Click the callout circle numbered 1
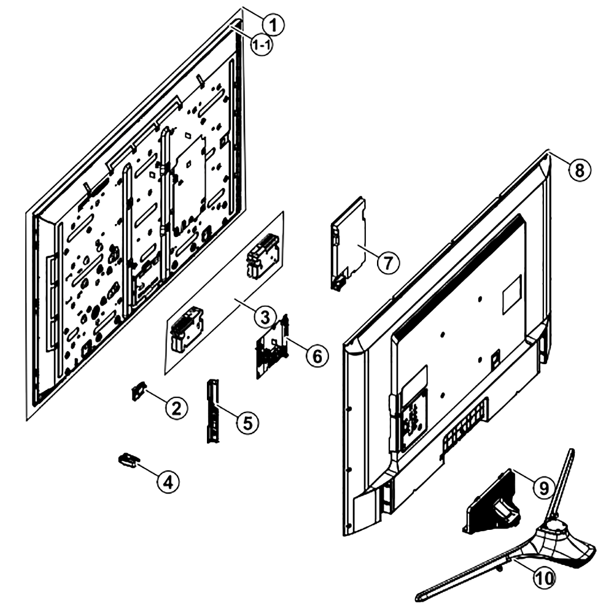[x=273, y=25]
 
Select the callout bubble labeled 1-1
[x=262, y=45]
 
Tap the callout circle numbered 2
[x=177, y=408]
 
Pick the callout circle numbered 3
[x=265, y=317]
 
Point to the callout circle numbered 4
[x=168, y=481]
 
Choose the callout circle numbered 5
[x=247, y=422]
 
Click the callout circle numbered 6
[x=317, y=356]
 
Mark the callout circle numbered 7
[x=388, y=263]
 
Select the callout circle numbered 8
[x=580, y=170]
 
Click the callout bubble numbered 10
[x=544, y=578]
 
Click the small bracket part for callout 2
[x=138, y=391]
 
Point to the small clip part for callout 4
[x=128, y=460]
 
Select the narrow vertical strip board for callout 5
[x=212, y=411]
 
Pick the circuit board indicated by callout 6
[x=273, y=346]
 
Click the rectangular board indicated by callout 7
[x=349, y=244]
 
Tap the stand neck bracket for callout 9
[x=491, y=503]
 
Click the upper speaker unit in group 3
[x=262, y=255]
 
